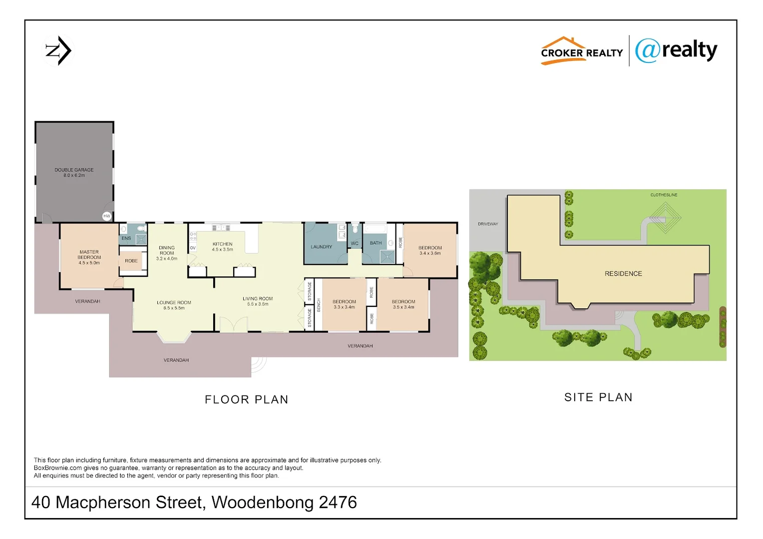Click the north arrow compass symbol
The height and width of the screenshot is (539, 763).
point(58,51)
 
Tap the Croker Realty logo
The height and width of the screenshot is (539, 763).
point(581,51)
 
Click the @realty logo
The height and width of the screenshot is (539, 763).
point(676,50)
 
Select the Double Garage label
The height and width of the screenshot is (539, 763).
point(74,173)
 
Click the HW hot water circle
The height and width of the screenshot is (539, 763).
point(106,216)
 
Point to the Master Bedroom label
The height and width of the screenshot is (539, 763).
point(89,258)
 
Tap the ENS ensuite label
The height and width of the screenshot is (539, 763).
point(126,239)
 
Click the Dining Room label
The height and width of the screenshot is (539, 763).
point(167,253)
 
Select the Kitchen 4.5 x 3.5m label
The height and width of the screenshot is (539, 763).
point(223,247)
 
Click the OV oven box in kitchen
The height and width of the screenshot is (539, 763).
point(193,248)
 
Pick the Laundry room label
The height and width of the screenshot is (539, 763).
point(321,247)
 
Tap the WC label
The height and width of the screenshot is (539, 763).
point(355,244)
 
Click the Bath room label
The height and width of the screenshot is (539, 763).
point(376,243)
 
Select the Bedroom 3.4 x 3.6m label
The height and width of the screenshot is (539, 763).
point(430,251)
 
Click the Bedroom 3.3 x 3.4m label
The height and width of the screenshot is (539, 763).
point(344,304)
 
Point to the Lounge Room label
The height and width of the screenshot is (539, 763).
point(174,305)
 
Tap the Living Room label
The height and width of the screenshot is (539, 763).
point(258,301)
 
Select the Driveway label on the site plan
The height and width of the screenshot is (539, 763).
point(488,224)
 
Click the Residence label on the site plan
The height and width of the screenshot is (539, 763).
point(623,274)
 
